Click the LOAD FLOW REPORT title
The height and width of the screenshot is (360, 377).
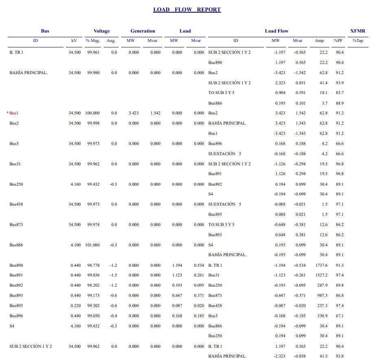187,10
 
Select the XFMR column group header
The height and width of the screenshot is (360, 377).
357,31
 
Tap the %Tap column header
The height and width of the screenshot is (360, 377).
357,41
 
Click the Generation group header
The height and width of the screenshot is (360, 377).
142,31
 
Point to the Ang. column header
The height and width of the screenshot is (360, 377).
111,41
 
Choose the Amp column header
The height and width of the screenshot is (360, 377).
319,41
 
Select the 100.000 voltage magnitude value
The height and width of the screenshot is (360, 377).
92,113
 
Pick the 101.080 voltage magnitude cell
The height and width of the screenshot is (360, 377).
92,245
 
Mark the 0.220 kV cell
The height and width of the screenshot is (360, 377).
75,306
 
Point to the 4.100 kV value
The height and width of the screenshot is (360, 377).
75,245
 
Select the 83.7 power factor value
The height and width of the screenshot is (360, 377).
339,93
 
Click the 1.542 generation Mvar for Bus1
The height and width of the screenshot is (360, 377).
155,113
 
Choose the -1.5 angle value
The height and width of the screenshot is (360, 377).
114,275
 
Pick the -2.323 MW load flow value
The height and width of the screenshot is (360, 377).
278,356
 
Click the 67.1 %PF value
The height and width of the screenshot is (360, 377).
339,316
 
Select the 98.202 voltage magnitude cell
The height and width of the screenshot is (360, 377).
93,285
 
